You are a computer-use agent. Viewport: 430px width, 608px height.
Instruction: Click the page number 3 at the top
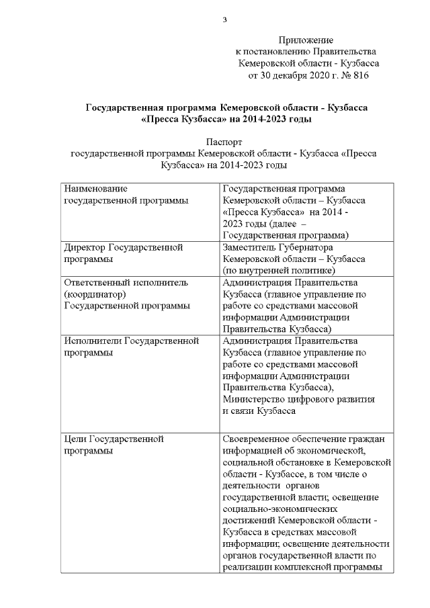point(224,19)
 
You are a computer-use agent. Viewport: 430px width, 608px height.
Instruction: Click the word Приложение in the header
point(306,41)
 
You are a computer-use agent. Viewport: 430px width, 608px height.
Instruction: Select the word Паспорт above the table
point(224,142)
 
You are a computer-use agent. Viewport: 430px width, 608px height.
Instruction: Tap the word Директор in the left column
point(84,247)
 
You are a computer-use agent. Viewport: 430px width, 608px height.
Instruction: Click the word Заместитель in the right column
point(252,247)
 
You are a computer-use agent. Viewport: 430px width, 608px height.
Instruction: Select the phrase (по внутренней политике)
point(278,270)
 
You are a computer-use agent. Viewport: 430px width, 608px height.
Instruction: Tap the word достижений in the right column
point(248,521)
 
